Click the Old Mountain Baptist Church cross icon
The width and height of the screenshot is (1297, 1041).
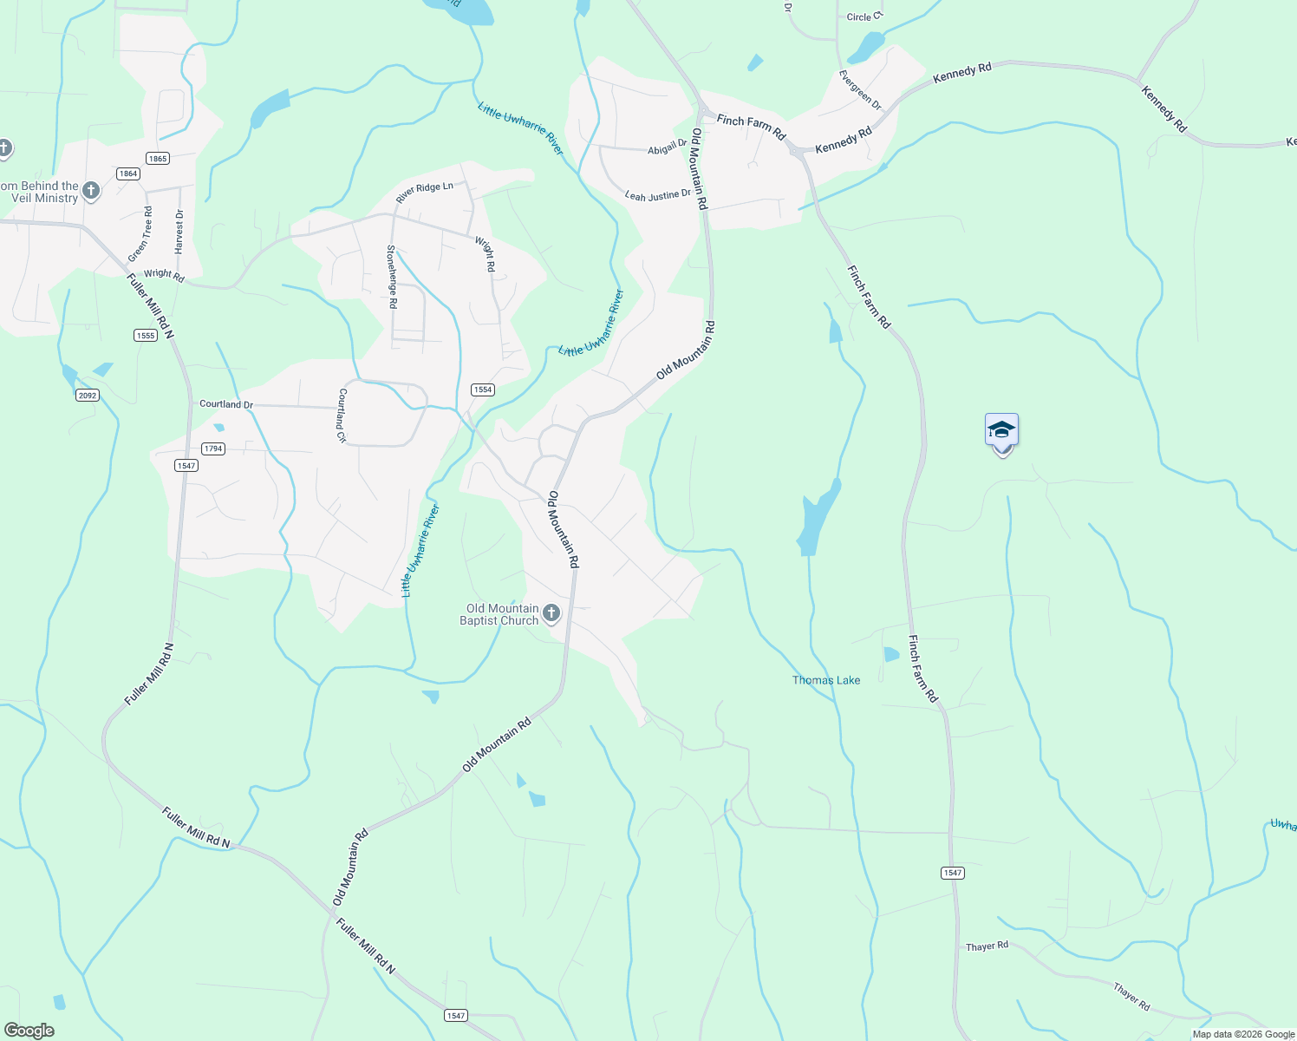(551, 614)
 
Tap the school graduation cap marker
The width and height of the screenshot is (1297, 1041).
(1001, 431)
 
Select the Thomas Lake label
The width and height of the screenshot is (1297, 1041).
(826, 680)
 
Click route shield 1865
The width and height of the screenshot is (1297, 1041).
(158, 158)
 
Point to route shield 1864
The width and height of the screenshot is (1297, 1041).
(128, 173)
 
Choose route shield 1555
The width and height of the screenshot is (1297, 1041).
(146, 335)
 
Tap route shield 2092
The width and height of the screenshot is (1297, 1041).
(88, 396)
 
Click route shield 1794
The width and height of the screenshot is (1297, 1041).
(213, 448)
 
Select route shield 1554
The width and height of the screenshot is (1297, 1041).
(483, 390)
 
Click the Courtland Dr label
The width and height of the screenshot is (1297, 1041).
(226, 404)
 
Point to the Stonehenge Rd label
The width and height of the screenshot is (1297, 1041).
(392, 277)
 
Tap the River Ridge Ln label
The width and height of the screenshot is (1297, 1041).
(424, 193)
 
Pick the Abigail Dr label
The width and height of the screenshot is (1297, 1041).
(668, 148)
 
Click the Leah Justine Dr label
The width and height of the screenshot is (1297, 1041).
(658, 195)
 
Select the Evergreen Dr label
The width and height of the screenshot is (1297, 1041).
(860, 90)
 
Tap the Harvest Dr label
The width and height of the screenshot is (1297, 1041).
(179, 231)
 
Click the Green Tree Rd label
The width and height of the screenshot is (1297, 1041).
(140, 234)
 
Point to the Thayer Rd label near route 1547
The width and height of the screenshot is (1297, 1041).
(987, 946)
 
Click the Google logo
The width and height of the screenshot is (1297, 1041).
(29, 1031)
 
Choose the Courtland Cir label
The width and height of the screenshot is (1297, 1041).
(342, 416)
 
